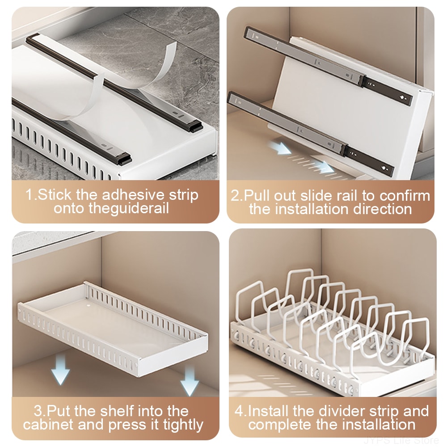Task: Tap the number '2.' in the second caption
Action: click(x=236, y=196)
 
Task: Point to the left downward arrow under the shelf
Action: click(x=60, y=368)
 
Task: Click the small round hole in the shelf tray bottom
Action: click(x=89, y=306)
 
